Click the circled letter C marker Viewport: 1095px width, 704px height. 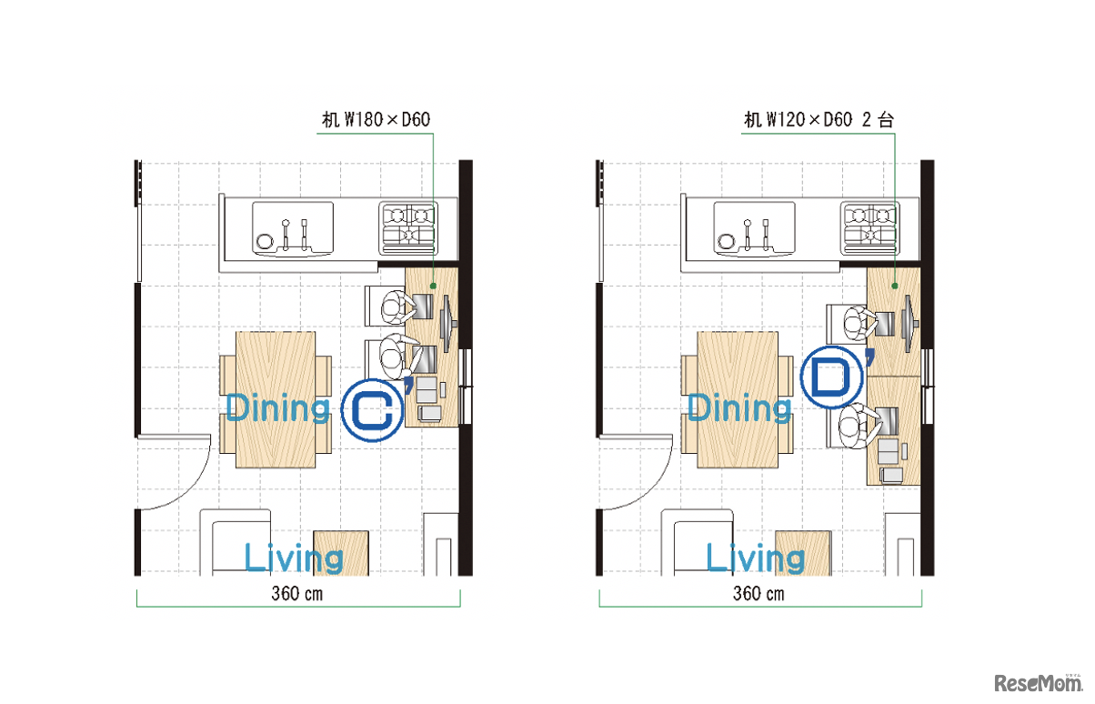click(x=373, y=410)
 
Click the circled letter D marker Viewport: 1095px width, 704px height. click(x=831, y=377)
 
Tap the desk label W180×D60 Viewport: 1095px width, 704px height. click(x=376, y=120)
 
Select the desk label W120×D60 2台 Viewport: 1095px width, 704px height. click(x=819, y=120)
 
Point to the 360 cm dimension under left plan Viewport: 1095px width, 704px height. click(x=297, y=594)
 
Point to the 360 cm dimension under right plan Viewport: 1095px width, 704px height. click(x=758, y=594)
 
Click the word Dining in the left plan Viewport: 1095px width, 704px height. click(x=277, y=407)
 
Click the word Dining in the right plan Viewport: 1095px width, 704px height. click(x=739, y=407)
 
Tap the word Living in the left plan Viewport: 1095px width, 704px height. click(x=293, y=558)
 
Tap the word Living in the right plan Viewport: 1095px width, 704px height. click(x=755, y=558)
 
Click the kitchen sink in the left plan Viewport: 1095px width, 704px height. click(x=293, y=229)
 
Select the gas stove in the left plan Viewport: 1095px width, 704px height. click(x=408, y=229)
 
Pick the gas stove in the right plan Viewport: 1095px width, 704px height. click(x=869, y=229)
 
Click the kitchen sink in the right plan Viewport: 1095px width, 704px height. click(x=754, y=229)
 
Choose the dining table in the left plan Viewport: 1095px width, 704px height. click(x=276, y=400)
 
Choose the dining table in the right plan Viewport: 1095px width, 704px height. click(x=738, y=400)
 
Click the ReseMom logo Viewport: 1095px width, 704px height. click(x=1039, y=682)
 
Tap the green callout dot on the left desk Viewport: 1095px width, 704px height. click(x=433, y=286)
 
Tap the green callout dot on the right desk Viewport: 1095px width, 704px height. click(x=895, y=286)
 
